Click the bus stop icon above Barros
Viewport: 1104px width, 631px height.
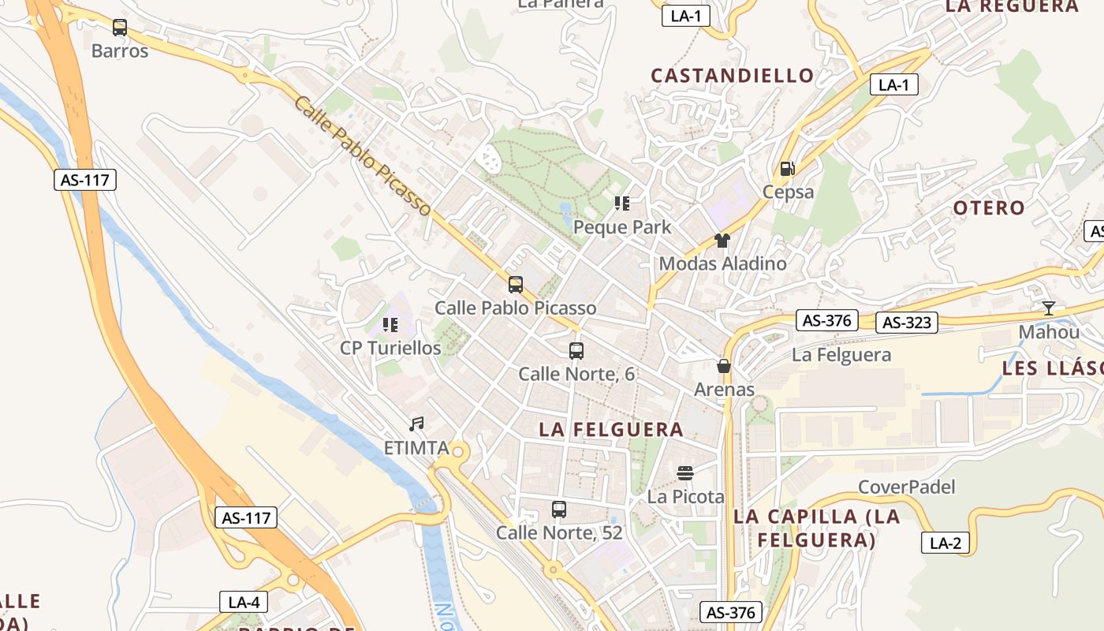click(120, 28)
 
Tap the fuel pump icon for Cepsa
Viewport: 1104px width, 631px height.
click(787, 168)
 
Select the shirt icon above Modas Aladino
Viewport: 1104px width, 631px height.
click(722, 241)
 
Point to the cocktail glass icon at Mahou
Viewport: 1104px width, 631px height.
click(1048, 308)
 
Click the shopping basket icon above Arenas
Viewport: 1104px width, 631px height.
click(723, 366)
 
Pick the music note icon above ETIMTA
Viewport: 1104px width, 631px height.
click(416, 424)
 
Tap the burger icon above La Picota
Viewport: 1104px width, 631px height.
click(684, 473)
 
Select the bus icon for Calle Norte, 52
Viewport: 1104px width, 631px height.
click(559, 510)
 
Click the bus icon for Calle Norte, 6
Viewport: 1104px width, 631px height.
click(576, 351)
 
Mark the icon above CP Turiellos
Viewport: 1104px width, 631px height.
click(390, 324)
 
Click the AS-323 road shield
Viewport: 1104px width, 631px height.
click(907, 323)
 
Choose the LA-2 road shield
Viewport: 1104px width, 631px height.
click(945, 543)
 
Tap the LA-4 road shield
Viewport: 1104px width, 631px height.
click(244, 603)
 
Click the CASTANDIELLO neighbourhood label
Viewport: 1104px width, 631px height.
click(733, 76)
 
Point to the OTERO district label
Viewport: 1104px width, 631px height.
click(989, 208)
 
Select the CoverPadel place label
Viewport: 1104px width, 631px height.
click(906, 487)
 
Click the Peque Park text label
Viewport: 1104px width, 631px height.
click(622, 227)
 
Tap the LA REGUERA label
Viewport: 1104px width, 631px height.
click(1012, 6)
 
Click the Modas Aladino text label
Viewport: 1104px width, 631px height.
click(722, 263)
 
